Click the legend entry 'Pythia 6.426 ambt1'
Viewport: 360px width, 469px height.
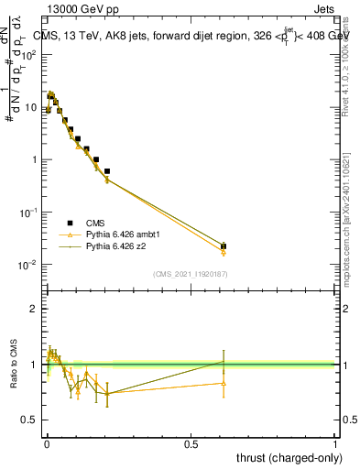(115, 234)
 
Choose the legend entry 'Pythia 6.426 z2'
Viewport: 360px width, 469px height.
(110, 246)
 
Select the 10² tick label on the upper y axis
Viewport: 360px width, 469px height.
(29, 53)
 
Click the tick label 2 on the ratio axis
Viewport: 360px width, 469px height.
(35, 309)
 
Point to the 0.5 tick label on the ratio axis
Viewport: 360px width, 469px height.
(31, 420)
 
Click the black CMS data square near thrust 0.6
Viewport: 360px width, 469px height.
(224, 246)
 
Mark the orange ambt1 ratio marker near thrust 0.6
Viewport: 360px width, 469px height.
(224, 383)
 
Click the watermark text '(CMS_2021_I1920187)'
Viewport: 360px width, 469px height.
(189, 274)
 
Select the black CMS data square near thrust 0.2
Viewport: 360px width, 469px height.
(107, 171)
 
